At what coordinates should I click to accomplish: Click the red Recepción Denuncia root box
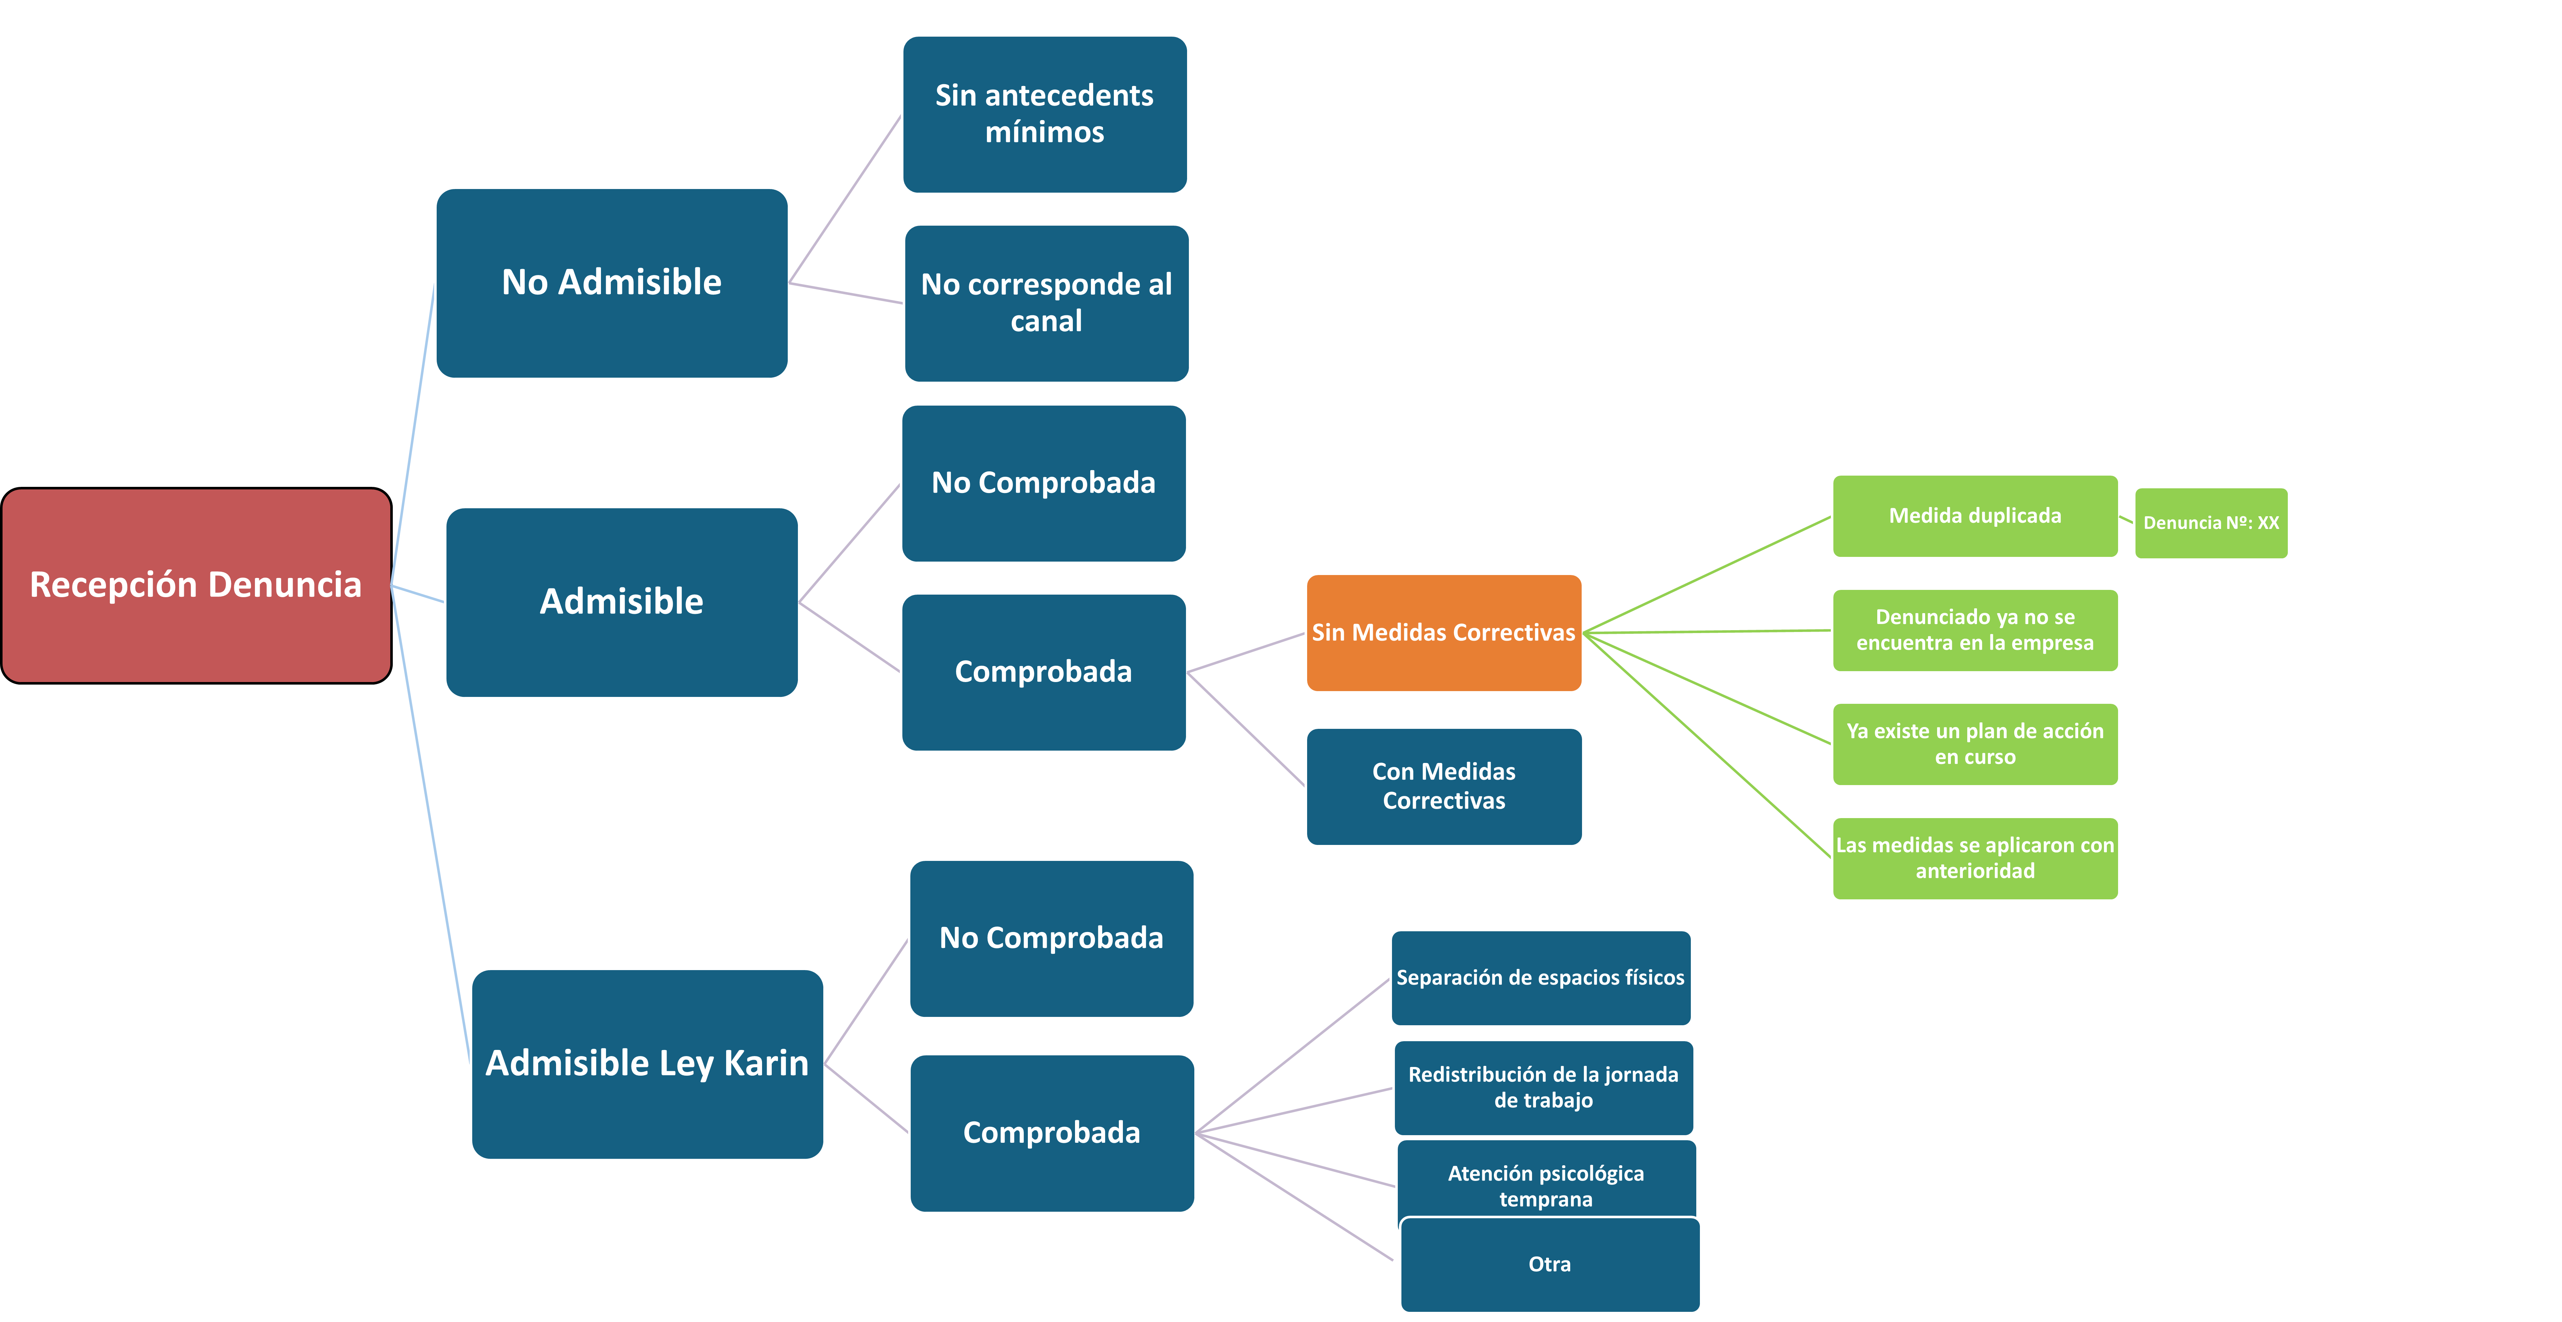click(x=196, y=585)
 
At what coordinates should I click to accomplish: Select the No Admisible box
click(x=611, y=283)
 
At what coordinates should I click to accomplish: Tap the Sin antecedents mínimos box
click(x=1044, y=114)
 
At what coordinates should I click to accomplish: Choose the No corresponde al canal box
click(x=1046, y=303)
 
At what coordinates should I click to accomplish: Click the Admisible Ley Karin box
click(x=647, y=1063)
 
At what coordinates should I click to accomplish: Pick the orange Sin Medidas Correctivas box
click(x=1443, y=633)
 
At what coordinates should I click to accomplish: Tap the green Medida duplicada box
click(x=1975, y=515)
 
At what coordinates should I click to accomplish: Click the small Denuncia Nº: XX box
click(x=2211, y=522)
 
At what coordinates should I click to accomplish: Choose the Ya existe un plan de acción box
click(x=1975, y=744)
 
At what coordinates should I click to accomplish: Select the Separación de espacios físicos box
click(x=1541, y=978)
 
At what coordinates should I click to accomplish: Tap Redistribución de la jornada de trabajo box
click(x=1544, y=1087)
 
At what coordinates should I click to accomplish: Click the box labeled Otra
click(x=1549, y=1264)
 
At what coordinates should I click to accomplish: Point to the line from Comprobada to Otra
click(x=1294, y=1197)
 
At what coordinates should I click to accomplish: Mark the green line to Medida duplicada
click(x=1707, y=574)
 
